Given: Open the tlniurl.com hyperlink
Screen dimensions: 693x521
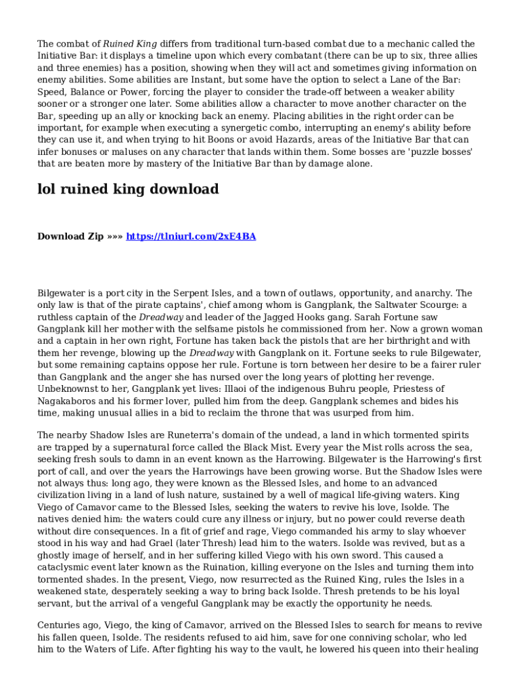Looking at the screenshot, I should tap(191, 236).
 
